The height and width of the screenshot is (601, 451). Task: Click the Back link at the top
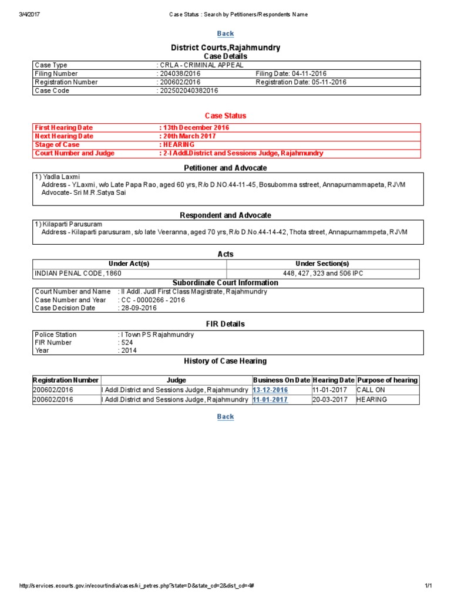(x=225, y=33)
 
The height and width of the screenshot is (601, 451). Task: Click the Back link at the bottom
(x=225, y=417)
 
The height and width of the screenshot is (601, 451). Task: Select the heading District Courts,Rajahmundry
(x=225, y=48)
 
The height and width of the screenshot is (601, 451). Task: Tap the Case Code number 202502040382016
(x=189, y=91)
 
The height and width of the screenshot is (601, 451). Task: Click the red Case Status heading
(x=225, y=116)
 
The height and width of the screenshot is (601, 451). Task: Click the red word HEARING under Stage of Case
(x=179, y=144)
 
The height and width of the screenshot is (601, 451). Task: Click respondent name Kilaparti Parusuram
(x=73, y=224)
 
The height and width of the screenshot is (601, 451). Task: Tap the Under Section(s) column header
(x=324, y=264)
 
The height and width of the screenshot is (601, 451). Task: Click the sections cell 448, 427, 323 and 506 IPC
(x=324, y=274)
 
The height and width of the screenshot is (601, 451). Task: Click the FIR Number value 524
(x=127, y=343)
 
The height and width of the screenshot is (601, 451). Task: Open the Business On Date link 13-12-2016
(x=271, y=390)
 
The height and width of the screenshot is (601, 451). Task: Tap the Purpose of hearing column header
(x=388, y=380)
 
